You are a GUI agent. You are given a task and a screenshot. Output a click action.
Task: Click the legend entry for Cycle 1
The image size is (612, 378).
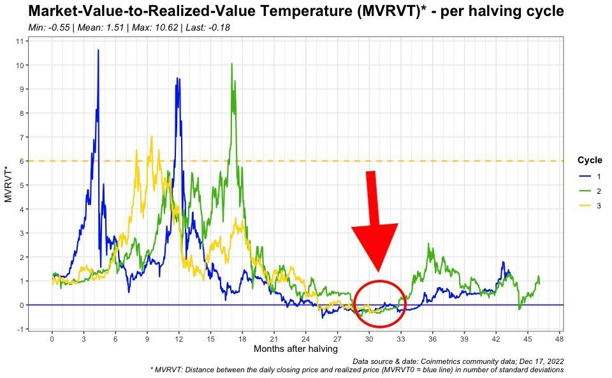(589, 175)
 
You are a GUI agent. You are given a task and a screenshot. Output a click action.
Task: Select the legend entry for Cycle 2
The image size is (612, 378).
(589, 191)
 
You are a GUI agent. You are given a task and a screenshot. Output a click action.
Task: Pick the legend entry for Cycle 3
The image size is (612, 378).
(589, 206)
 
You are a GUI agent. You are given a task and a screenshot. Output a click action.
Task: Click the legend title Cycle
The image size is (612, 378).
(589, 160)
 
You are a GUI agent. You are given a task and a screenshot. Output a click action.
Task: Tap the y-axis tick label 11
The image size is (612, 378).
(19, 41)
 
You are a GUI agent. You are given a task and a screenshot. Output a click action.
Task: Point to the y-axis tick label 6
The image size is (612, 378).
(21, 161)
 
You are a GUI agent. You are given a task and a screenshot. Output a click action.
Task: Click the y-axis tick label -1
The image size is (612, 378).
(20, 329)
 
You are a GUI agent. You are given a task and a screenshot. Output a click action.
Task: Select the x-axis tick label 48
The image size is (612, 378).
(559, 338)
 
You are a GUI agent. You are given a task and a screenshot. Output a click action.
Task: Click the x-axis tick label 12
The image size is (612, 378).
(178, 338)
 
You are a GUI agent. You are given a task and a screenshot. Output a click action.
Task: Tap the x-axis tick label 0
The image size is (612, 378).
(52, 338)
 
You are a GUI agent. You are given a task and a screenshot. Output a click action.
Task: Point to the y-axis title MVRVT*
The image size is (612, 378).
(8, 185)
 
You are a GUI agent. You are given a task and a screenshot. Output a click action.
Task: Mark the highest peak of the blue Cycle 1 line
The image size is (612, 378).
(98, 50)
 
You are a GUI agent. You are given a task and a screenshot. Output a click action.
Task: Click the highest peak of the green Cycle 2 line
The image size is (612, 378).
(232, 64)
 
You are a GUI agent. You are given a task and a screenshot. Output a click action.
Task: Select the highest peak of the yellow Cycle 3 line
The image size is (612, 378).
(151, 136)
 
